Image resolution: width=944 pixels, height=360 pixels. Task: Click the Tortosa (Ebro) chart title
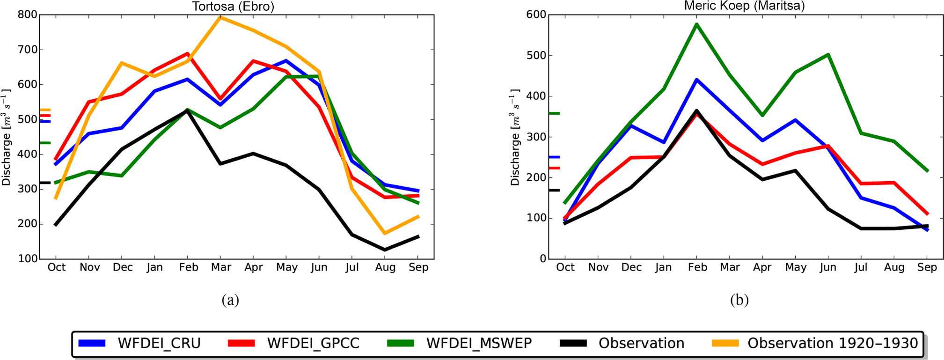pyautogui.click(x=233, y=7)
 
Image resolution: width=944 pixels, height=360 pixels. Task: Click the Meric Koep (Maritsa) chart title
pyautogui.click(x=744, y=6)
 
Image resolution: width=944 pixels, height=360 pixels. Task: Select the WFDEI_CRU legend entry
pyautogui.click(x=139, y=343)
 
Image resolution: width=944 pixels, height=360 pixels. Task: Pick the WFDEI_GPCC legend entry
pyautogui.click(x=293, y=343)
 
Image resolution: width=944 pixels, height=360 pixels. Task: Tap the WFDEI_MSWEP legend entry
pyautogui.click(x=459, y=343)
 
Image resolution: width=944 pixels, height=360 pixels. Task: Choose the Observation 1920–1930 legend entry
pyautogui.click(x=814, y=343)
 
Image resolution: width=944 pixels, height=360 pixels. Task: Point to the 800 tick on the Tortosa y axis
pyautogui.click(x=27, y=15)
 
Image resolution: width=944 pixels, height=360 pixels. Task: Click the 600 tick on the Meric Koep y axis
pyautogui.click(x=536, y=15)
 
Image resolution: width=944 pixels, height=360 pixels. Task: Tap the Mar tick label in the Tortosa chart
pyautogui.click(x=221, y=267)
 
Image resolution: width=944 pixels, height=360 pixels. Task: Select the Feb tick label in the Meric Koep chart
pyautogui.click(x=697, y=267)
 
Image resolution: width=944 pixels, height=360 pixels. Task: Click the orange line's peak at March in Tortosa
pyautogui.click(x=220, y=17)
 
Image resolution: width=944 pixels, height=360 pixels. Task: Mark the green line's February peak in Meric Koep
pyautogui.click(x=697, y=24)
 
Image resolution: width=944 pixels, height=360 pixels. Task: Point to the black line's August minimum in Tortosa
pyautogui.click(x=385, y=250)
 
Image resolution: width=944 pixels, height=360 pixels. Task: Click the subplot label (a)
pyautogui.click(x=230, y=300)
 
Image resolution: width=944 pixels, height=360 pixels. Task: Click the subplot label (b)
pyautogui.click(x=739, y=300)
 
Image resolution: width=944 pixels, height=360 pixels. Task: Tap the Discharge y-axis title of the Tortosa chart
pyautogui.click(x=6, y=137)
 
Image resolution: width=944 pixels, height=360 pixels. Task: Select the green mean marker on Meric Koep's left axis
pyautogui.click(x=554, y=113)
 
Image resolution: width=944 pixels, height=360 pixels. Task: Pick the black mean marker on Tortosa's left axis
pyautogui.click(x=45, y=183)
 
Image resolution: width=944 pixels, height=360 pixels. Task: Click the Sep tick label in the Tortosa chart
pyautogui.click(x=418, y=267)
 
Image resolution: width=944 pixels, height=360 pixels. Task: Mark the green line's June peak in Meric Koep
pyautogui.click(x=828, y=55)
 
